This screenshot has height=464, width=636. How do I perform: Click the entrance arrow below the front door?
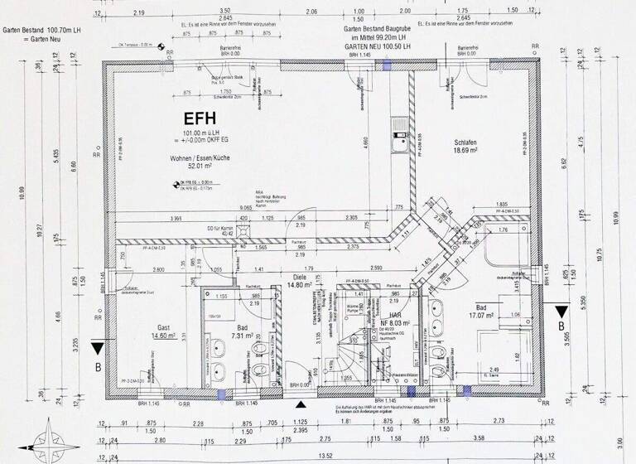(x=301, y=404)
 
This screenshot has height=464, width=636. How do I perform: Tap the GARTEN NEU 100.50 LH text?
(x=382, y=46)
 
